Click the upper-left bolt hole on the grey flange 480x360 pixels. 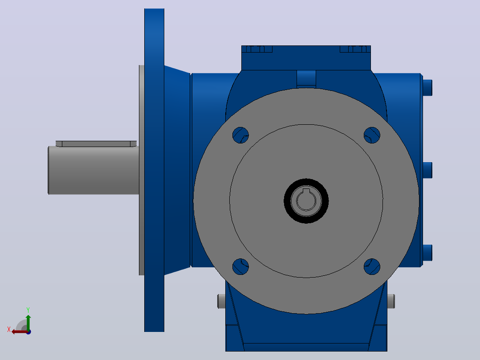[240, 135]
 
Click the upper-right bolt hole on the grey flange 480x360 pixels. [372, 135]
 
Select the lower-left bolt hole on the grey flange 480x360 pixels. [240, 266]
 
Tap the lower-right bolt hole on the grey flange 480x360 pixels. [372, 266]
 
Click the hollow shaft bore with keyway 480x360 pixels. [306, 200]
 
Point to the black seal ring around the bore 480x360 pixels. [306, 181]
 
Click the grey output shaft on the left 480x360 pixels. [94, 170]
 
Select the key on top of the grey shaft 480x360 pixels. [96, 144]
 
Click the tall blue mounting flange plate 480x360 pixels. [154, 170]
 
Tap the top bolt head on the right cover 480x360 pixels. [427, 88]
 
